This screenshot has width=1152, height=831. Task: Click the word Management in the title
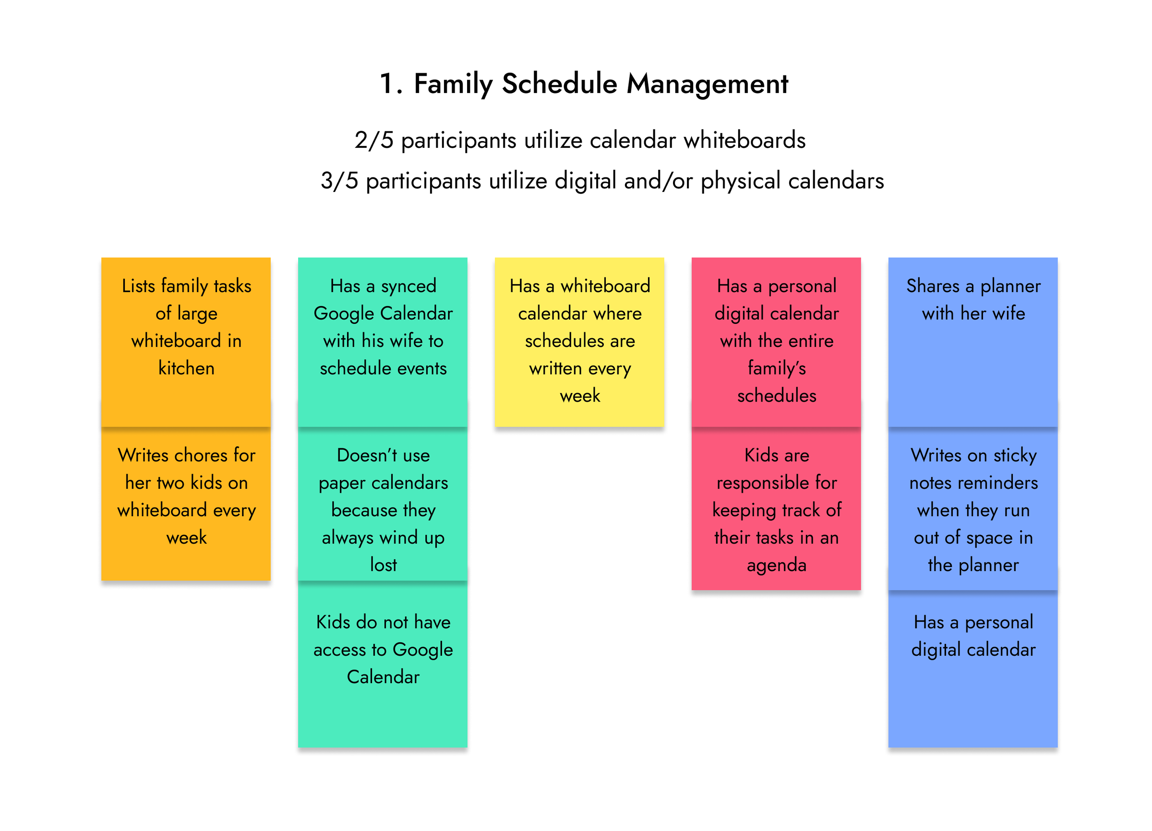(707, 84)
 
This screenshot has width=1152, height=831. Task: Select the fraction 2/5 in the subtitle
(374, 140)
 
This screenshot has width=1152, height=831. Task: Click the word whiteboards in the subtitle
(744, 140)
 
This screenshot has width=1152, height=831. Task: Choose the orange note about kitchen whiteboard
(186, 342)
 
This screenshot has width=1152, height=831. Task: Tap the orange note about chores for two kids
(186, 504)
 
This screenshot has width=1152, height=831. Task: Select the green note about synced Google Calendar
(383, 342)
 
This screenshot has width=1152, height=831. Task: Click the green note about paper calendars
(383, 504)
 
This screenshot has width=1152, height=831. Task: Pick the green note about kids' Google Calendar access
(383, 664)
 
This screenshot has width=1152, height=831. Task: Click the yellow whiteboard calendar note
(579, 342)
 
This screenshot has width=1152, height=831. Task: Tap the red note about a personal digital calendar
(776, 342)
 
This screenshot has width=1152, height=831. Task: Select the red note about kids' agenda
(776, 509)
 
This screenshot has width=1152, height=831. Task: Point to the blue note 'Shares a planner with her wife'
(972, 342)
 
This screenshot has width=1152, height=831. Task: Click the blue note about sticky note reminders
(972, 509)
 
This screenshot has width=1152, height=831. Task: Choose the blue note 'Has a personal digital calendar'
(972, 669)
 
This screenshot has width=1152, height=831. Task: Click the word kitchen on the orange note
(186, 368)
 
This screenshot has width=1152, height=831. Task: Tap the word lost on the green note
(383, 565)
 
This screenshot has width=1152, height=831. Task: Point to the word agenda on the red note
(777, 566)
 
